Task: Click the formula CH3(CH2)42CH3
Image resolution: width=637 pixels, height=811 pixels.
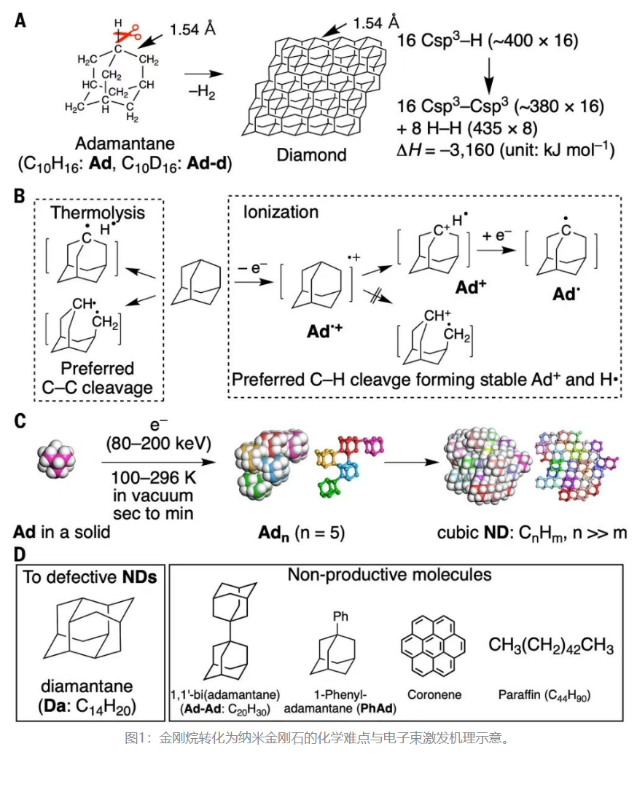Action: coord(551,646)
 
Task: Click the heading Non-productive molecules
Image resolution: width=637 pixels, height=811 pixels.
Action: coord(389,575)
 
